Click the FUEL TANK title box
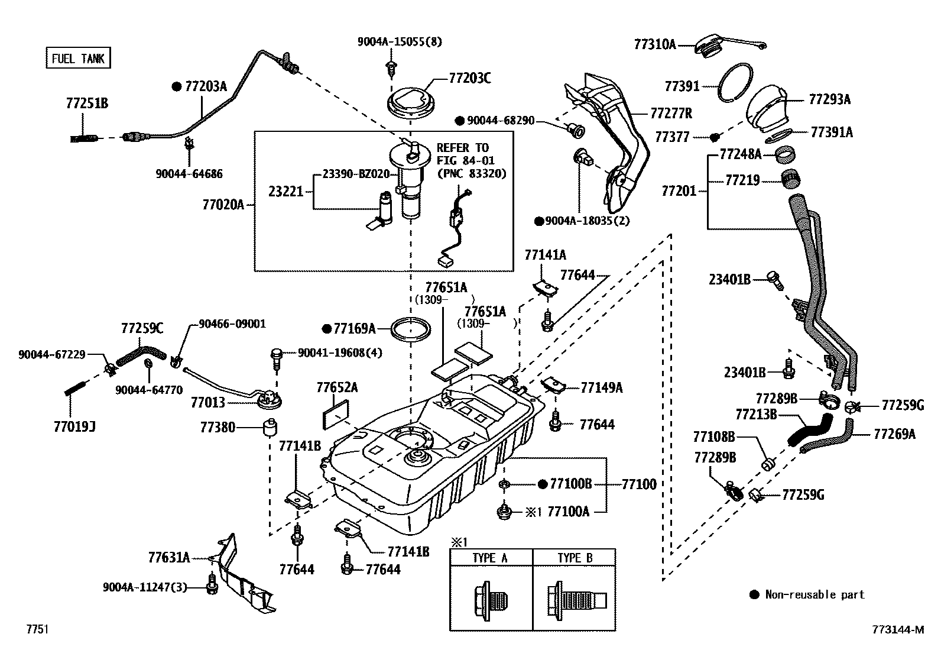coord(78,58)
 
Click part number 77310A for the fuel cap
coord(654,44)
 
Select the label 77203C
coord(469,77)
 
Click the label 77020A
coord(223,205)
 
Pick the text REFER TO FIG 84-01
coord(465,154)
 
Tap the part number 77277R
coord(671,112)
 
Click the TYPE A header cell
coord(490,558)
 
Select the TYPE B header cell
coord(575,558)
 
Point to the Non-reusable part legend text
coord(815,594)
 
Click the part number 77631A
coord(169,557)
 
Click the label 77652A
coord(337,387)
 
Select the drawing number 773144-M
coord(897,629)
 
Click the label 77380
coord(218,426)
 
